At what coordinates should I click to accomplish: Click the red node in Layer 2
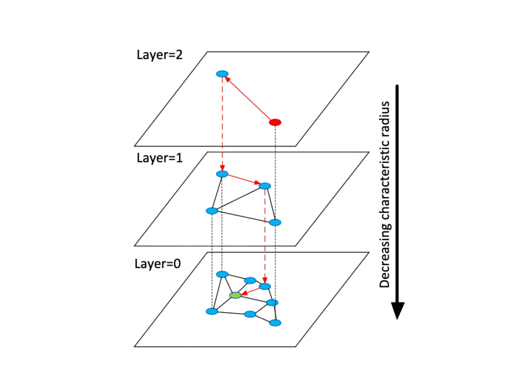point(275,123)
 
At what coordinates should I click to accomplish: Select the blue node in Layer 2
point(222,74)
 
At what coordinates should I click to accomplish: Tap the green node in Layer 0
point(235,295)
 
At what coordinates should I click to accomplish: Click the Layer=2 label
point(160,55)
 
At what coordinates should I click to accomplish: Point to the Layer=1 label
point(160,158)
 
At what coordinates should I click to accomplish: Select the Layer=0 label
point(157,264)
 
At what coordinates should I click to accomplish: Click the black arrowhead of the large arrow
point(397,309)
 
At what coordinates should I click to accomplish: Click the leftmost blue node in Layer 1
point(212,211)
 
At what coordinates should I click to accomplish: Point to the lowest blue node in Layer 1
point(275,222)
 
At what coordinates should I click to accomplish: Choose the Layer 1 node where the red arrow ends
point(265,186)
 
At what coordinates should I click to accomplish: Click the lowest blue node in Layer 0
point(275,323)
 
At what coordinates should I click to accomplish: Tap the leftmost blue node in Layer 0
point(212,311)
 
